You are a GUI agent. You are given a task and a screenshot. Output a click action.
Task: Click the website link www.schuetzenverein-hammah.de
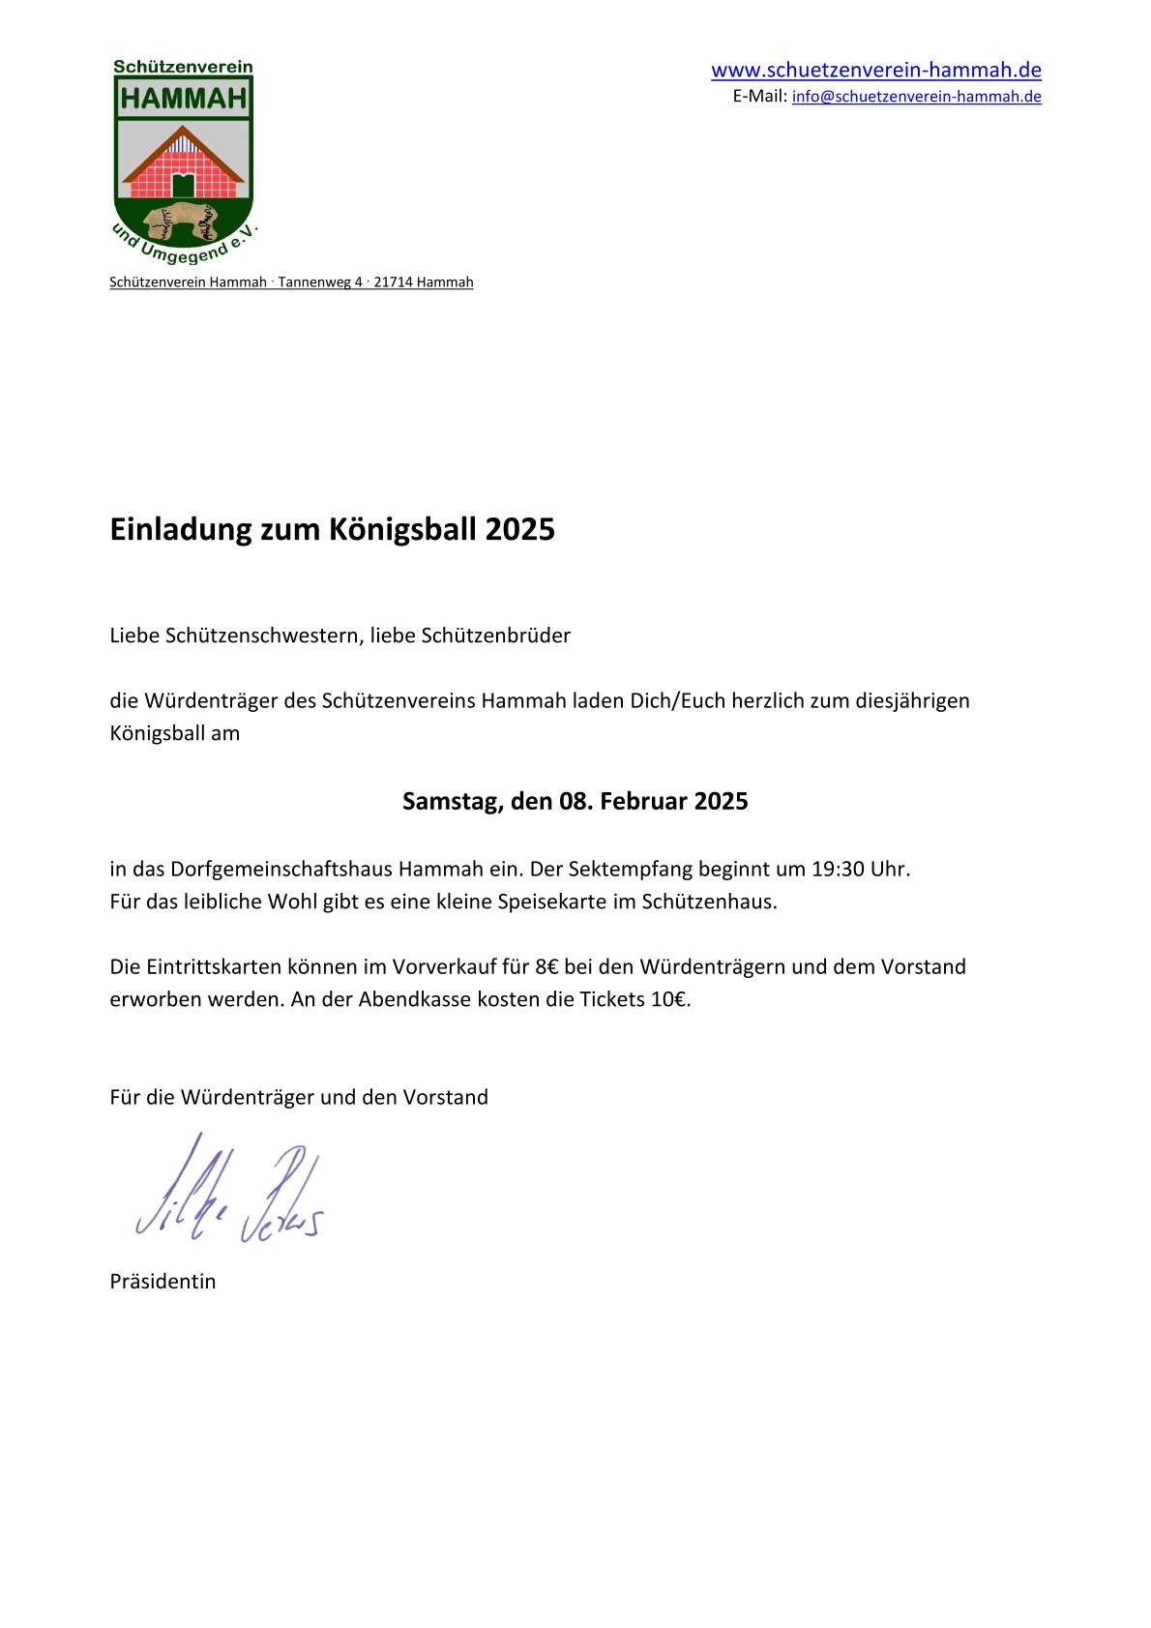[x=875, y=70]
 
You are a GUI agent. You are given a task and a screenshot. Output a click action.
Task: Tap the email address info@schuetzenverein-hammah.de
[x=916, y=97]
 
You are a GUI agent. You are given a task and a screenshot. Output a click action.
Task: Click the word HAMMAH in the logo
[x=184, y=98]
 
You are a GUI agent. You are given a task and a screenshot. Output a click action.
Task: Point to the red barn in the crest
[x=183, y=165]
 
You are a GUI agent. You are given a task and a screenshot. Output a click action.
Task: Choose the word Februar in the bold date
[x=643, y=801]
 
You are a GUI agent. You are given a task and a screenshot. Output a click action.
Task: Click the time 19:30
[x=837, y=869]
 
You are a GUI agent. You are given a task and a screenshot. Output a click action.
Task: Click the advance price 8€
[x=546, y=966]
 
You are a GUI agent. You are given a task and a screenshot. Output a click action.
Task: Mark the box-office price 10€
[x=669, y=999]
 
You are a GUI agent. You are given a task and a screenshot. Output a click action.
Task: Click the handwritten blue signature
[x=228, y=1192]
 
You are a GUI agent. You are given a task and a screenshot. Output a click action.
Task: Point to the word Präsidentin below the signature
[x=162, y=1281]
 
